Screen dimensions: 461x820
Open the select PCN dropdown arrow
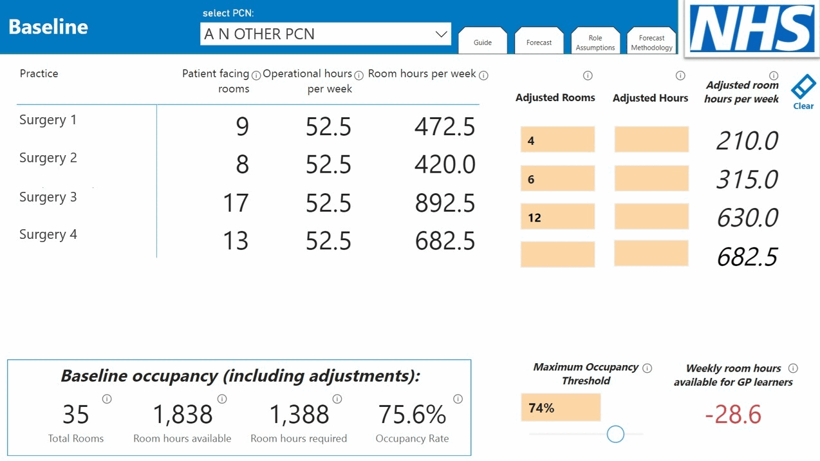click(441, 34)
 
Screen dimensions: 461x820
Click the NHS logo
click(751, 29)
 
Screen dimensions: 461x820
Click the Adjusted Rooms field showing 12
click(557, 218)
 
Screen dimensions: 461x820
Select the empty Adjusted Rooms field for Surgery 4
click(557, 255)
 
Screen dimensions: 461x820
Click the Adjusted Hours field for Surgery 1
click(651, 140)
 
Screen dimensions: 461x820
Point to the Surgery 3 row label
click(48, 197)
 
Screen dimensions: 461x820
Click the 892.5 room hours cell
click(445, 203)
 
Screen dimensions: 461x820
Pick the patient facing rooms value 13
click(236, 241)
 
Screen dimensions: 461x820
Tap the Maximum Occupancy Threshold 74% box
click(561, 408)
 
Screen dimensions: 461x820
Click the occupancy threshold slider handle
click(615, 434)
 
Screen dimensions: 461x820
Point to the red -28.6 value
click(733, 415)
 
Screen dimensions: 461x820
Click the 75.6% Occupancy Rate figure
click(412, 415)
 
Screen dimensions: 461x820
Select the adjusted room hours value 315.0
click(747, 180)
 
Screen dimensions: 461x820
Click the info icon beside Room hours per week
click(483, 75)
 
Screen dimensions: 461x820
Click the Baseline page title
click(48, 27)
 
